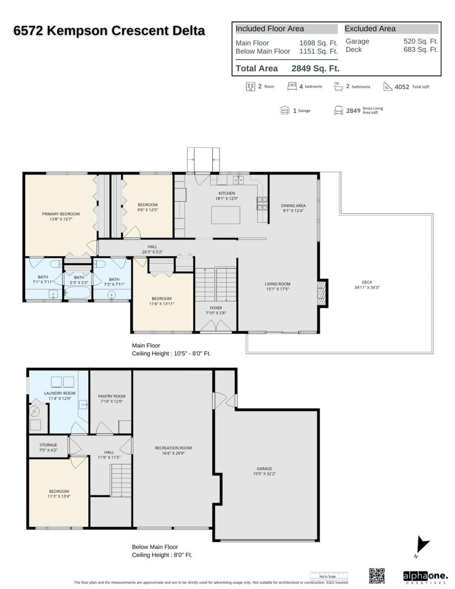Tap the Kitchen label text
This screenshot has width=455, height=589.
(x=227, y=193)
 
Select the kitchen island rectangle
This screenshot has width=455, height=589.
(x=226, y=215)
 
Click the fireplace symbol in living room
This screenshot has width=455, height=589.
(x=322, y=294)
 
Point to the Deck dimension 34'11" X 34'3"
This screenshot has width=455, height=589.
(x=367, y=287)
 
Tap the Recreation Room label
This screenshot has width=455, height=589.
(x=173, y=448)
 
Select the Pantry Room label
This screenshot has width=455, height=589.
(x=111, y=396)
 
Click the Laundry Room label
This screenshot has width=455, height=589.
(x=59, y=393)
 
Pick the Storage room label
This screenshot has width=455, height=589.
(x=48, y=445)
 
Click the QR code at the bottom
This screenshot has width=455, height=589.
(x=376, y=575)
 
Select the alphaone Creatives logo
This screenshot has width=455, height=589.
(x=425, y=576)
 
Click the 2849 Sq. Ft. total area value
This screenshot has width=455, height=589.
(x=315, y=69)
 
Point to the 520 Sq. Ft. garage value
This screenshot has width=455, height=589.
(x=421, y=42)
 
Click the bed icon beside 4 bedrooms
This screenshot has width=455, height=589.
(x=292, y=86)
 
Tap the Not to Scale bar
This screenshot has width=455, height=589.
(x=328, y=575)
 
